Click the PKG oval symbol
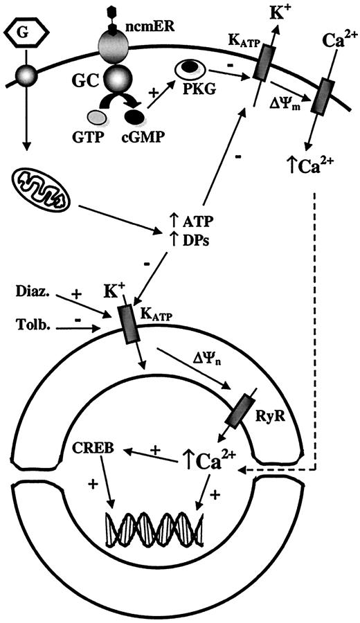[x=186, y=69]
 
